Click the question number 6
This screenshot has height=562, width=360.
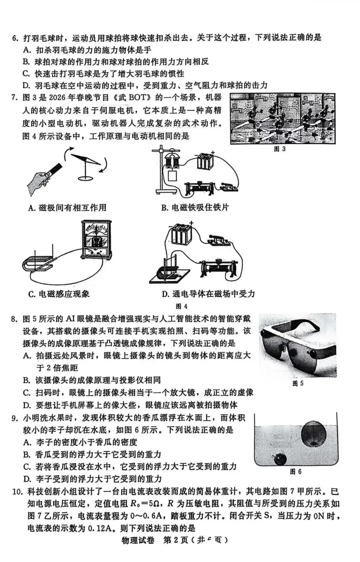15,38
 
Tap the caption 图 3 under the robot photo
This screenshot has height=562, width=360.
279,149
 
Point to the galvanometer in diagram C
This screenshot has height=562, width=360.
96,239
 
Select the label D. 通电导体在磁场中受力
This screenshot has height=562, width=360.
208,294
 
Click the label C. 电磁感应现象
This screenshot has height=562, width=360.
59,294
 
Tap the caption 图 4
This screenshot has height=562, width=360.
181,306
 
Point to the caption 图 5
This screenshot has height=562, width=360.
298,383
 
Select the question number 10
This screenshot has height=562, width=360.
17,492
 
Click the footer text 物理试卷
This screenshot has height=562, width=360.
138,541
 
